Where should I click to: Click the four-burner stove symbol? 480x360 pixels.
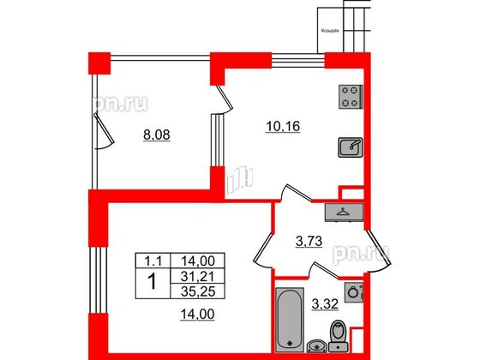[350, 98]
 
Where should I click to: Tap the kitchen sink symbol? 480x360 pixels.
[351, 148]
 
